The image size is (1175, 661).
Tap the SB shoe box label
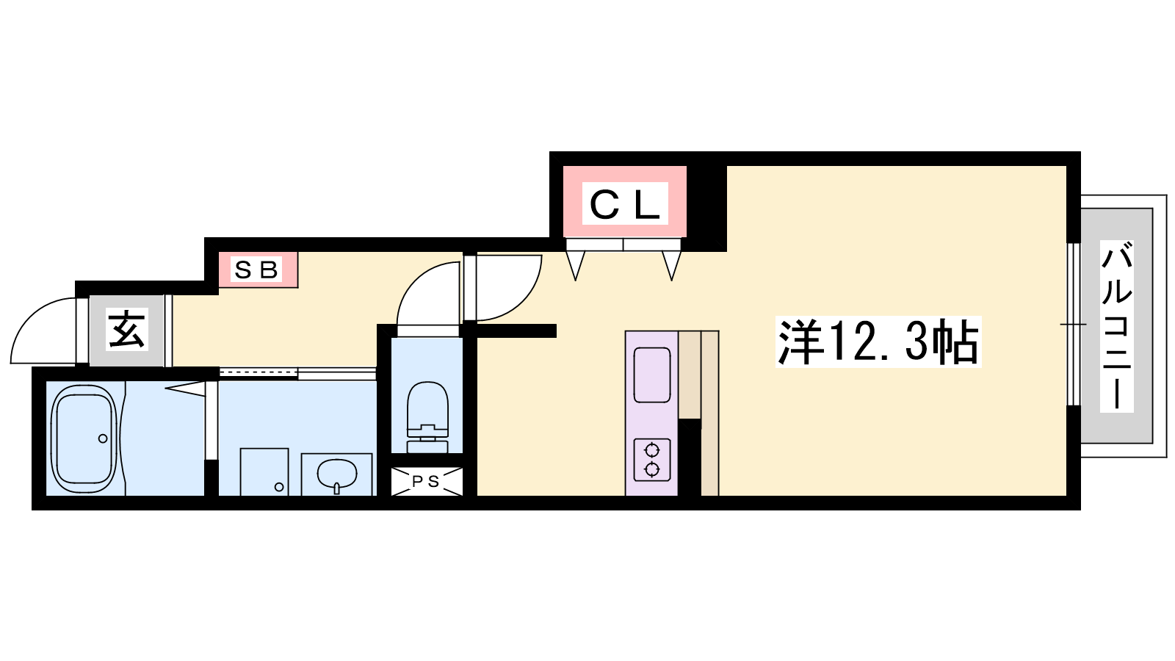pos(256,270)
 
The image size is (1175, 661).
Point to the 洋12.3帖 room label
pos(878,342)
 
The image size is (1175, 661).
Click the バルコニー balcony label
pos(1116,326)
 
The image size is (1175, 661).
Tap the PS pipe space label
pos(426,481)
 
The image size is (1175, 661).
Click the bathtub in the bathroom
pos(84,438)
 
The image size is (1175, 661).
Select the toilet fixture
pos(427,416)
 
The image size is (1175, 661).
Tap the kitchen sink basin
pos(652,375)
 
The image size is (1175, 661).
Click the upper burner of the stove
pos(652,450)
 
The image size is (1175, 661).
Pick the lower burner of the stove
pos(652,469)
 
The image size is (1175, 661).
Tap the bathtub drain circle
pos(103,438)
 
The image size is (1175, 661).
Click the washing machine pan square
pos(264,472)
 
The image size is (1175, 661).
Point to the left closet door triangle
pos(576,265)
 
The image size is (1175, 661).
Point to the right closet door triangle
pos(671,265)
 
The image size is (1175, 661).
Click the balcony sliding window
pos(1074,324)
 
